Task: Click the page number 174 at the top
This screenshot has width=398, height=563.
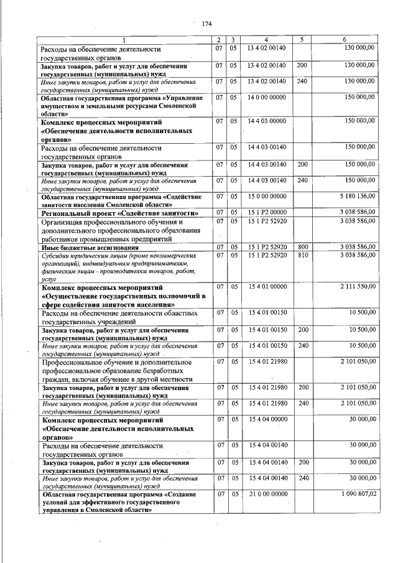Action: tap(207, 24)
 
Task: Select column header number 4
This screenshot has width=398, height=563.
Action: tap(266, 40)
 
